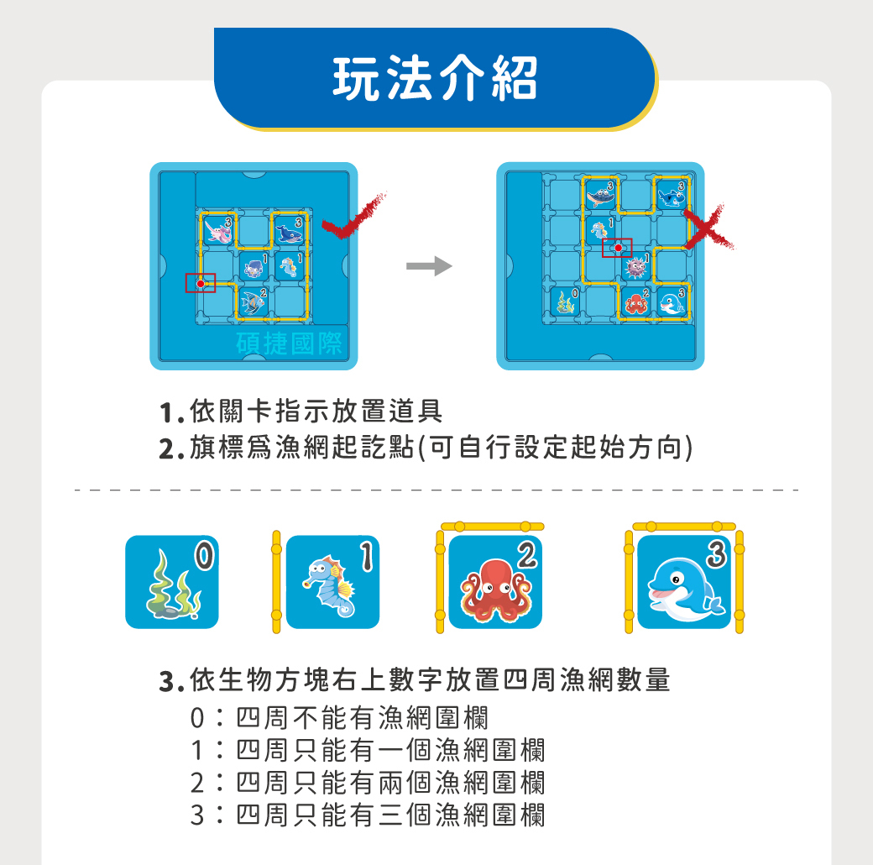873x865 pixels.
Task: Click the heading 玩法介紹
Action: coord(435,78)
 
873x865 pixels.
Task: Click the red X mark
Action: coord(708,226)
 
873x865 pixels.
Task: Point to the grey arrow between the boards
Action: coord(429,267)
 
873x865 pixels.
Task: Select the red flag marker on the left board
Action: coord(201,284)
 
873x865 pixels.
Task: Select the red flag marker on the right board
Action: coord(618,248)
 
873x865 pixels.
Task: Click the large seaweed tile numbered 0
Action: coord(171,582)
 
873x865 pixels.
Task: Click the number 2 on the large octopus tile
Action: coord(525,554)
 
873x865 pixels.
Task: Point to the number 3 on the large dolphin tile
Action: coord(714,554)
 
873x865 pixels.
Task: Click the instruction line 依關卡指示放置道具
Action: coord(315,412)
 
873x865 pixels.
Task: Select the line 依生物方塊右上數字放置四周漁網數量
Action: coord(430,679)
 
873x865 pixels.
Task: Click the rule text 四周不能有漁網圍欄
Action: coord(362,718)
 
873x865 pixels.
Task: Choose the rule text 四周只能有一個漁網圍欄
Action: coord(390,750)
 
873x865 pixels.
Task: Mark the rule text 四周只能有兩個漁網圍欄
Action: coord(390,782)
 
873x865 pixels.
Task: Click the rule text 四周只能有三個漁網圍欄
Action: coord(390,815)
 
